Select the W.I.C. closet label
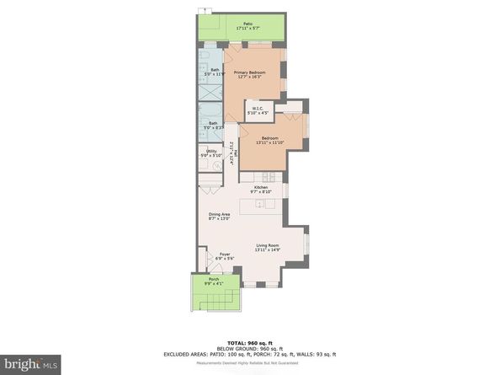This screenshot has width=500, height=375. [x=256, y=111]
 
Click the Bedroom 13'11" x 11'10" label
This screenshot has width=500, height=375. [x=269, y=140]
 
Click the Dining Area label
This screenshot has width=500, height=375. [x=220, y=217]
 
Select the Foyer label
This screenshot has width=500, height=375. [x=225, y=256]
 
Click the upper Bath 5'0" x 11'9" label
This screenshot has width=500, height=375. [x=215, y=72]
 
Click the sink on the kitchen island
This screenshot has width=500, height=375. [x=260, y=205]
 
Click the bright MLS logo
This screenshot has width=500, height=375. [x=30, y=363]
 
